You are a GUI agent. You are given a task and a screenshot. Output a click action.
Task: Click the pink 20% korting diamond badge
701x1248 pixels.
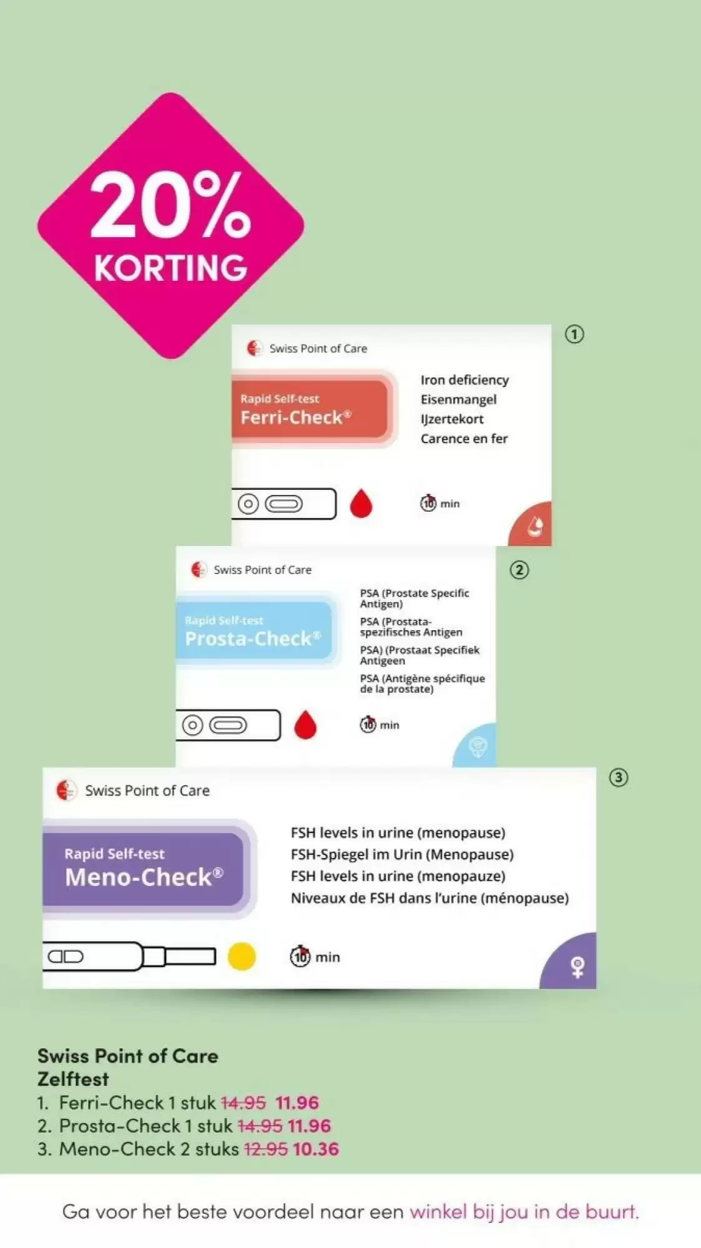click(x=170, y=225)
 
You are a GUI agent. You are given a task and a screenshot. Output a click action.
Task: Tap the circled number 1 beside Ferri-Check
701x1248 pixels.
click(x=574, y=334)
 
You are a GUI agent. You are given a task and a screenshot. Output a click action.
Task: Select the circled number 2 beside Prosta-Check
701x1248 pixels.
click(x=519, y=570)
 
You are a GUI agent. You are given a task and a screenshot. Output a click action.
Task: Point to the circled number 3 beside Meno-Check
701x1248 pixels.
click(x=619, y=778)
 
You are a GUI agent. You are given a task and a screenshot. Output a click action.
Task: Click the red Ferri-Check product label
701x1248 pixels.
click(x=312, y=409)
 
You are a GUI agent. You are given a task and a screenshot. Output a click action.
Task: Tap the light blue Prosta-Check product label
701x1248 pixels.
click(x=257, y=630)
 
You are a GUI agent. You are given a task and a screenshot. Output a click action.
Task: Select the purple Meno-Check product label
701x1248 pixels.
click(x=147, y=869)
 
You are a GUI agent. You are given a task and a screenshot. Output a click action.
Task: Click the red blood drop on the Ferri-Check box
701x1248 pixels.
click(x=361, y=504)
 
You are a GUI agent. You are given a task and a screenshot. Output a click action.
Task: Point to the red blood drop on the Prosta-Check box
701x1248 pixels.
click(x=305, y=724)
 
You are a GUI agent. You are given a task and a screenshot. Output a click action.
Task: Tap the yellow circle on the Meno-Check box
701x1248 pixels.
click(x=242, y=957)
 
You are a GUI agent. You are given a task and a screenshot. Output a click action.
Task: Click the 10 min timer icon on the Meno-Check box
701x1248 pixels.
click(x=300, y=956)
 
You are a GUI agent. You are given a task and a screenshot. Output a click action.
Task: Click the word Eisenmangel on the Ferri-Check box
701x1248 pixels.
click(x=459, y=399)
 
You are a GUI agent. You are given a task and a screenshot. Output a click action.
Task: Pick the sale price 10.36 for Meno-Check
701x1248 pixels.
click(x=316, y=1149)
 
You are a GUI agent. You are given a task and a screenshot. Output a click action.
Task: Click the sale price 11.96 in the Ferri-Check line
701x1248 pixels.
click(x=297, y=1103)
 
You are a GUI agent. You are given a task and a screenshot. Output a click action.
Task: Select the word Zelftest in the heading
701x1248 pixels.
click(x=73, y=1079)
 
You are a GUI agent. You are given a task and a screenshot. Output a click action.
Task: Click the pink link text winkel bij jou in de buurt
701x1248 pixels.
click(x=524, y=1212)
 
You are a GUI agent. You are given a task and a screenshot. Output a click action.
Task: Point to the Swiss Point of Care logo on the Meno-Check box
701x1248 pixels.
click(x=65, y=790)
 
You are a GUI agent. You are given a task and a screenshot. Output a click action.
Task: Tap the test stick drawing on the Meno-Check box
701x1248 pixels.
click(x=129, y=957)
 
